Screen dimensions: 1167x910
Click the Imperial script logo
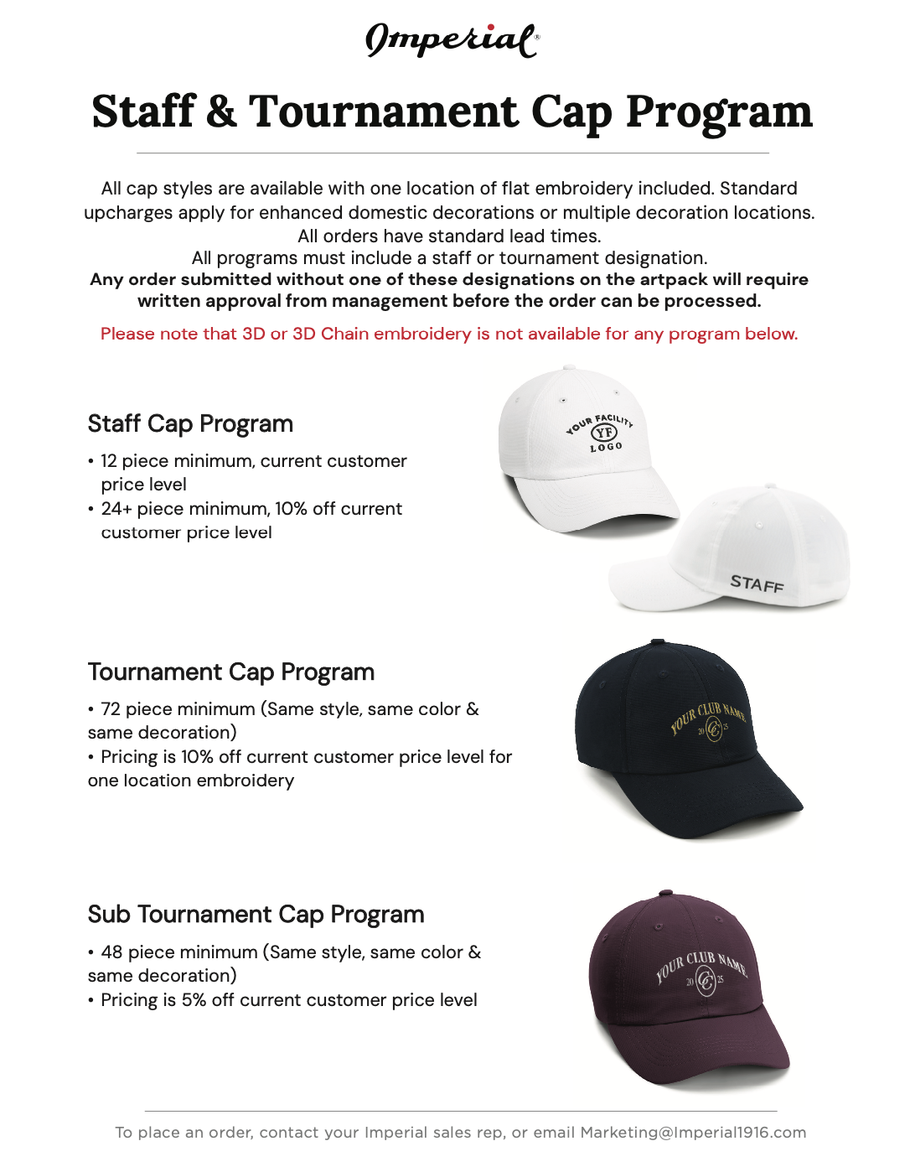click(452, 39)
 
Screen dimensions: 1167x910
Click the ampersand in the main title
click(221, 112)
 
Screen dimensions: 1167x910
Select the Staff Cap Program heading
click(190, 424)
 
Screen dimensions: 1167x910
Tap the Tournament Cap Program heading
click(230, 672)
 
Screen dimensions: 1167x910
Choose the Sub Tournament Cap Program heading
click(256, 915)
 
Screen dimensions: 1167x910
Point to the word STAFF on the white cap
click(757, 583)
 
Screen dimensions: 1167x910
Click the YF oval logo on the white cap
click(603, 433)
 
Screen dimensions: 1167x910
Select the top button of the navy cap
click(658, 642)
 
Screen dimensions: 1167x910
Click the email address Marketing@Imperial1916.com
click(693, 1133)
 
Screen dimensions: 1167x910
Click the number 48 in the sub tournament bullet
click(111, 952)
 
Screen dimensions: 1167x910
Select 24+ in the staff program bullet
click(116, 509)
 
